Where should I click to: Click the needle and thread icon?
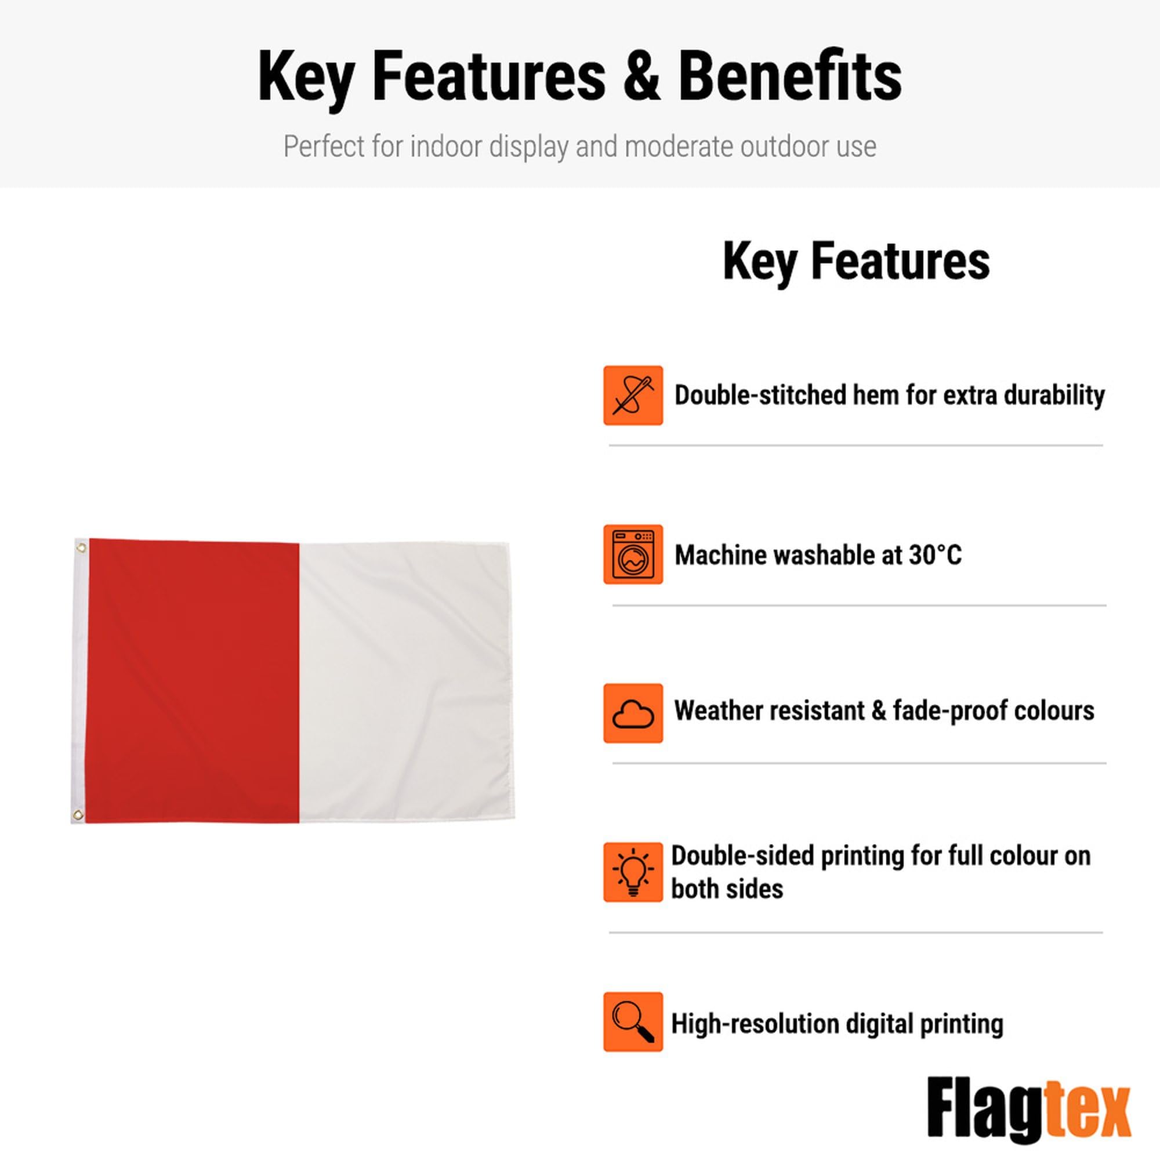pyautogui.click(x=633, y=395)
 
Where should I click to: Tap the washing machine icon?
pyautogui.click(x=633, y=554)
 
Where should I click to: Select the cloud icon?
pyautogui.click(x=633, y=713)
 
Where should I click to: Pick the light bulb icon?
pyautogui.click(x=633, y=872)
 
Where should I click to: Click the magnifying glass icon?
pyautogui.click(x=633, y=1022)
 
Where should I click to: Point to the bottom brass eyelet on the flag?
pyautogui.click(x=78, y=815)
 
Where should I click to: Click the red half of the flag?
pyautogui.click(x=193, y=681)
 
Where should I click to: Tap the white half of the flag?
pyautogui.click(x=406, y=681)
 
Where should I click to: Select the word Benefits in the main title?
pyautogui.click(x=789, y=76)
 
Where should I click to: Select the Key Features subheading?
pyautogui.click(x=856, y=262)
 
